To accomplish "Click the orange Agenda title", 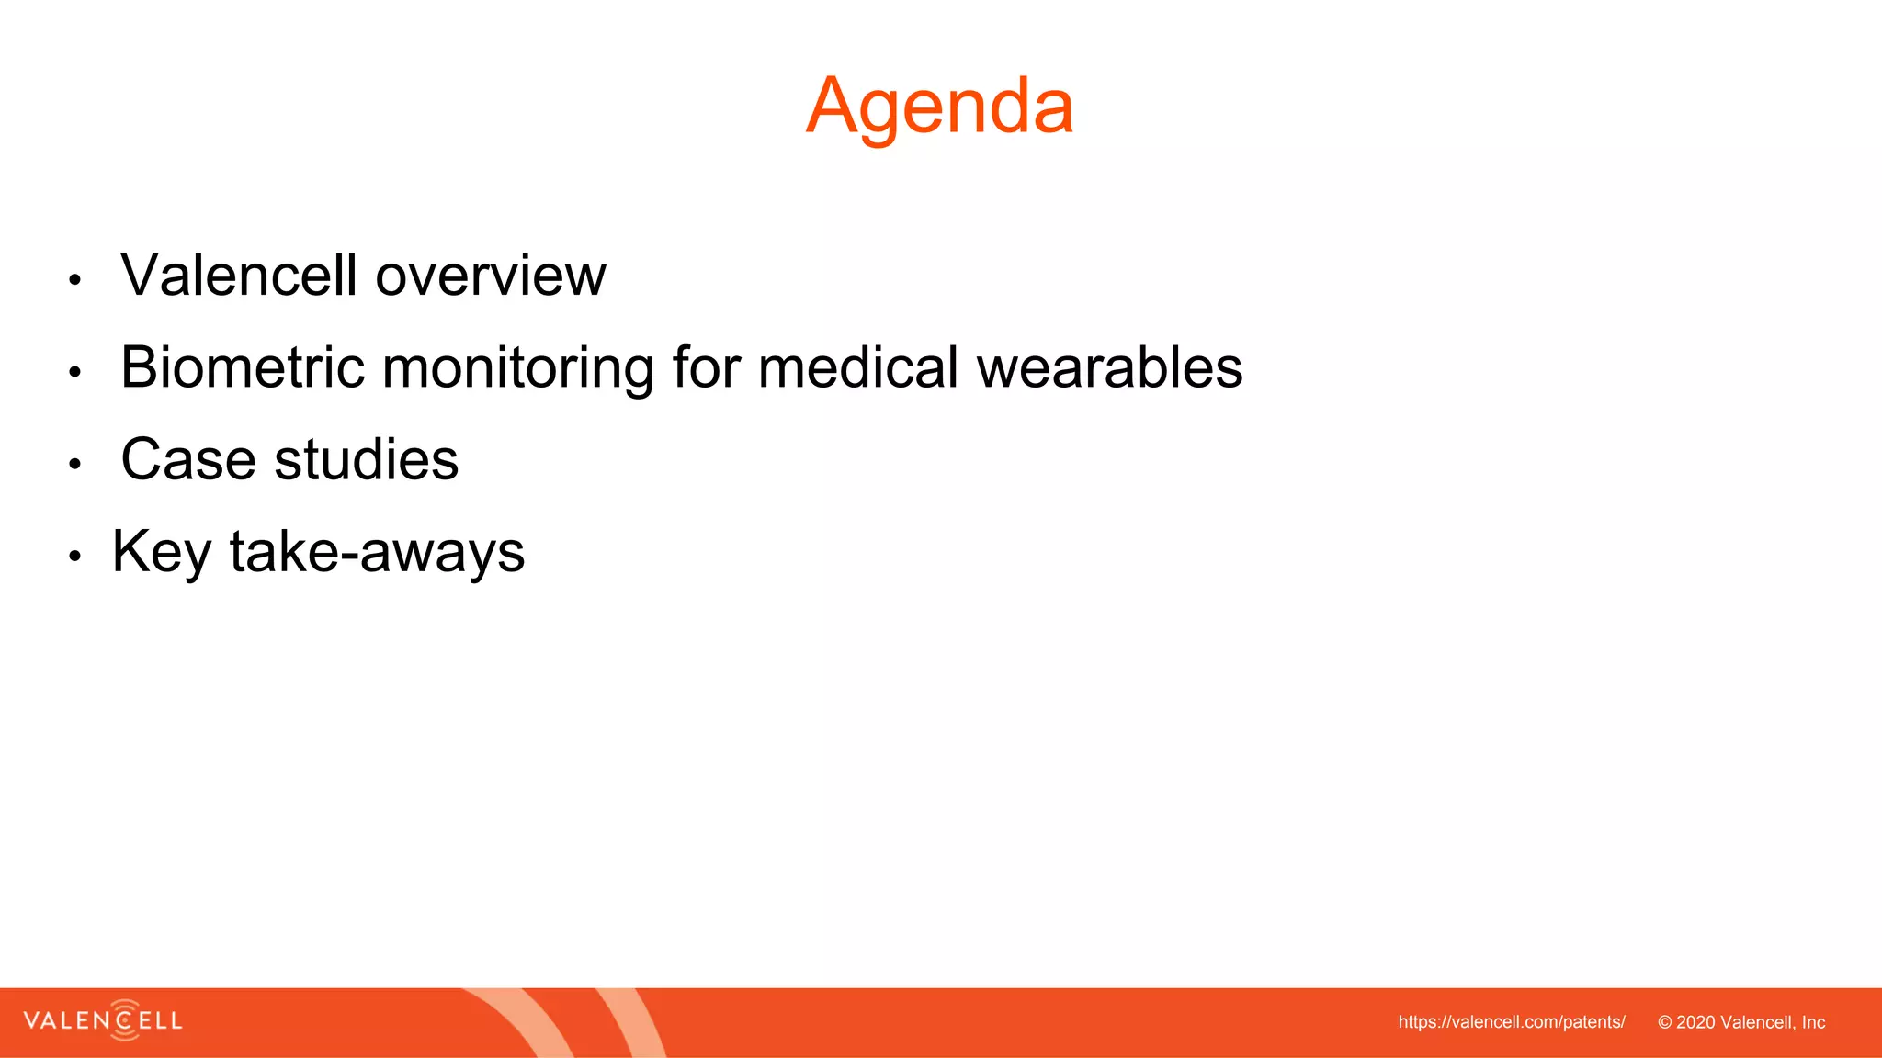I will (x=939, y=107).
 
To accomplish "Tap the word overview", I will (x=491, y=276).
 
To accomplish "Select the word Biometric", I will (x=243, y=367).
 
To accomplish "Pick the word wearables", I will (x=1108, y=367).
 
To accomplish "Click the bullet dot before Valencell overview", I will (x=75, y=280).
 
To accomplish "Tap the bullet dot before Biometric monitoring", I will (x=75, y=372).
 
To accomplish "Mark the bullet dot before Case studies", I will (x=75, y=464).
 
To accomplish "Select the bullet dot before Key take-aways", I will (x=75, y=556).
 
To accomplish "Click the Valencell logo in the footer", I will (x=103, y=1020).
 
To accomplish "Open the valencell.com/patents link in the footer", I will (x=1511, y=1022).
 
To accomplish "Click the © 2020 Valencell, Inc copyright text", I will (x=1740, y=1022).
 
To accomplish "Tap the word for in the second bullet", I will (x=706, y=367).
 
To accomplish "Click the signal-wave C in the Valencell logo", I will (x=124, y=1020).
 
